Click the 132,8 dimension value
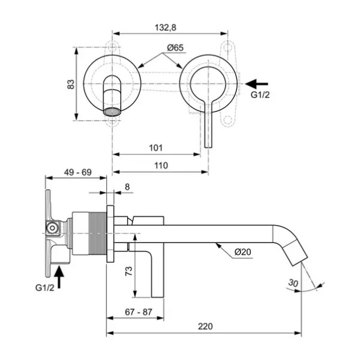pos(166,28)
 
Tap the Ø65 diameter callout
pos(175,48)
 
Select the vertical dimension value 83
pos(71,84)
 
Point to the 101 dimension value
pos(156,148)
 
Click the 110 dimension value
pos(161,166)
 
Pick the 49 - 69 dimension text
pos(77,172)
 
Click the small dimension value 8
pos(127,187)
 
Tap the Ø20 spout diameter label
pos(242,252)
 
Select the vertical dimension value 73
pos(129,271)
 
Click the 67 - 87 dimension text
pos(139,312)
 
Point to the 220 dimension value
pos(205,326)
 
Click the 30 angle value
pos(293,283)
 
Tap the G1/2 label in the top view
pos(260,95)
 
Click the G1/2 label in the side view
pos(45,287)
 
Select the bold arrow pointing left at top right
pos(256,84)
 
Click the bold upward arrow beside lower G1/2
pos(59,277)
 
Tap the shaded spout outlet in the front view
pos(112,112)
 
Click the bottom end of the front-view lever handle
pos(208,148)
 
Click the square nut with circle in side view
pos(53,228)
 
